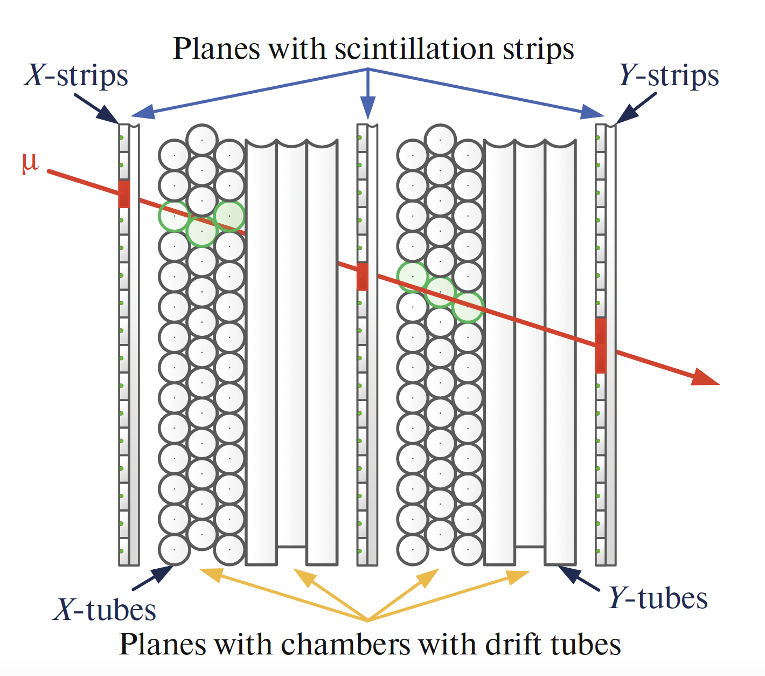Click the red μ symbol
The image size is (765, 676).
click(x=30, y=162)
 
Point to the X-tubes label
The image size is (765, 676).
click(x=105, y=611)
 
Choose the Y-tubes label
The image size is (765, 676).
click(x=658, y=599)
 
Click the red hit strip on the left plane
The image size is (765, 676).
click(x=124, y=194)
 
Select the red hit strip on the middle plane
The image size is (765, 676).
click(x=363, y=277)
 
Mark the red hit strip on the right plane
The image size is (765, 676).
click(x=601, y=345)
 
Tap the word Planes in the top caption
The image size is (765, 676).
click(x=217, y=49)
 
